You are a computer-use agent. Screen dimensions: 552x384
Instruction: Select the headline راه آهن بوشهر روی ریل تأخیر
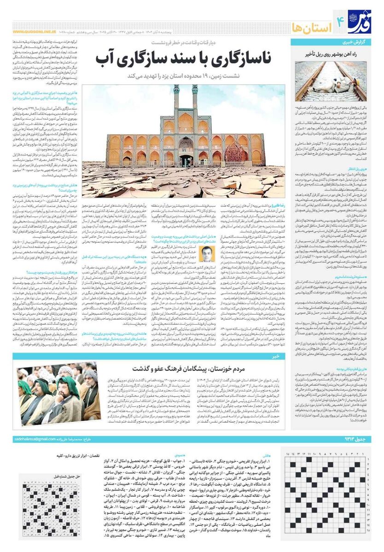pos(328,54)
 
